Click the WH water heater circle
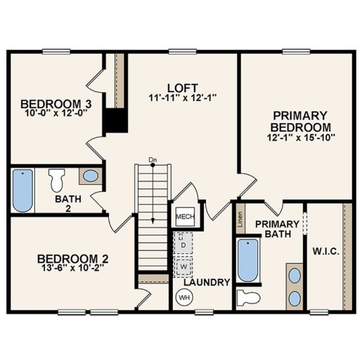pos(184,297)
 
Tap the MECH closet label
pos(184,217)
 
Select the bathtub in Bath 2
pos(22,189)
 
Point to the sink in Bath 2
pos(89,176)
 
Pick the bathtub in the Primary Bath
pos(246,260)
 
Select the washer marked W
pos(183,268)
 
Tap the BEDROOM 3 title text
pos(49,101)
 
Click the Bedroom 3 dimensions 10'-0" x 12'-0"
pos(49,112)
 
